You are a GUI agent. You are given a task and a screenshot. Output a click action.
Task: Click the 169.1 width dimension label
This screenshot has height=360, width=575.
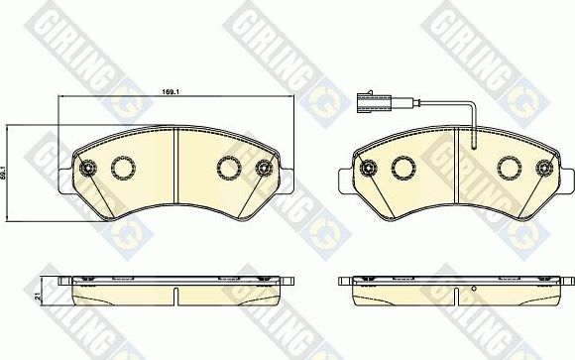click(x=170, y=91)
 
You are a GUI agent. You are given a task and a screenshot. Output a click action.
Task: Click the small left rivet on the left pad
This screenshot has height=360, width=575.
click(x=86, y=168)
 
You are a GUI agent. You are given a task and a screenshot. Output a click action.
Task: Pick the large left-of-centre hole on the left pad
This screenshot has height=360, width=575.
click(x=124, y=169)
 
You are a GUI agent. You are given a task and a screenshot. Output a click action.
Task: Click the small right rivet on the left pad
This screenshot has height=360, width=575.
click(x=265, y=168)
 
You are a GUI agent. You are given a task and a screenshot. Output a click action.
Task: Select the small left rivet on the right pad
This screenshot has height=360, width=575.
click(x=367, y=168)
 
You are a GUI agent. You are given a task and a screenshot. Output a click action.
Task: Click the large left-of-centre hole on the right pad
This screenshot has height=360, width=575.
click(x=402, y=169)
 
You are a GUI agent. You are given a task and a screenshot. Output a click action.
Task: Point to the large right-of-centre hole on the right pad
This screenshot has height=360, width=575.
click(x=509, y=169)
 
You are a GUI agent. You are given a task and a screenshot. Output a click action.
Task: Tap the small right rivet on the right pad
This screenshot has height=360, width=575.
click(x=544, y=168)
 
